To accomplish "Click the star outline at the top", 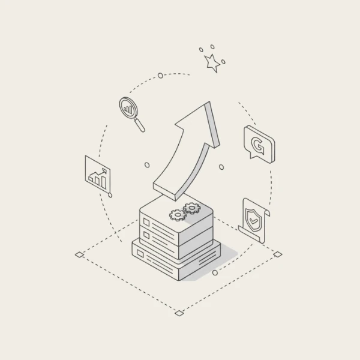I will click(212, 61).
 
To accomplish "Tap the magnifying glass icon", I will click(128, 108).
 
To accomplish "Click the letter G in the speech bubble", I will click(258, 145).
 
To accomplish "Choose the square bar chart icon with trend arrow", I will click(98, 174).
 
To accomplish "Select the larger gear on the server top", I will click(191, 208).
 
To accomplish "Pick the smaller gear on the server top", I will click(177, 215).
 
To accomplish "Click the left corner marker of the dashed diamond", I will click(79, 255).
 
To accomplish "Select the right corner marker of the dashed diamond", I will click(277, 254).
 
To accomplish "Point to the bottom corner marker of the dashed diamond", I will click(178, 313).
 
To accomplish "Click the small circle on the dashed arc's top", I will click(160, 76).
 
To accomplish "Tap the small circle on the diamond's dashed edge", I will click(215, 273).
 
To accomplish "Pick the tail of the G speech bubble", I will click(253, 157).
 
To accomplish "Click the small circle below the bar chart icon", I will click(110, 195).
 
